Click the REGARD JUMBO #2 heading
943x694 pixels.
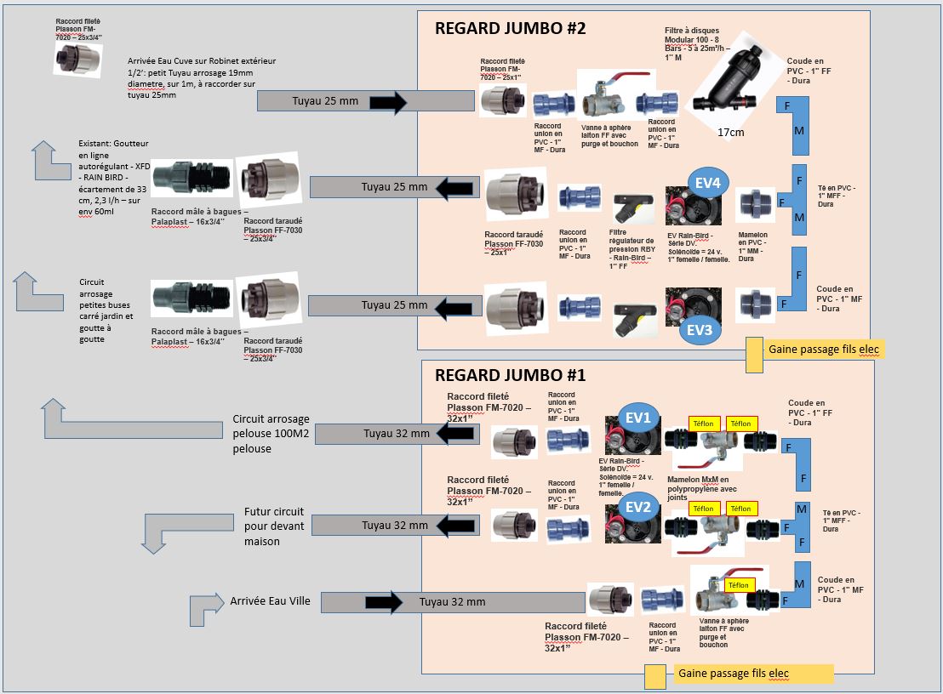(511, 27)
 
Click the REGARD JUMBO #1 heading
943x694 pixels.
(511, 374)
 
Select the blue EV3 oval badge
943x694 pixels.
(699, 329)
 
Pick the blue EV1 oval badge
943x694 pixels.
(638, 417)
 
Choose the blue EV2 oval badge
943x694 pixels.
(637, 507)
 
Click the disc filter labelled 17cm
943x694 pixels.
(729, 81)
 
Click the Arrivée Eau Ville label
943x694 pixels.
(270, 600)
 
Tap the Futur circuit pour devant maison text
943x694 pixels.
(261, 527)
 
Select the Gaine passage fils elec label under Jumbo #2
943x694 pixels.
(823, 349)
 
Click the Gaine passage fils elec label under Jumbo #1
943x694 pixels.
(733, 674)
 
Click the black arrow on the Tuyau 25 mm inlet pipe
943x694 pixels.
(389, 102)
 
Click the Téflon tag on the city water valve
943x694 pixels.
(738, 584)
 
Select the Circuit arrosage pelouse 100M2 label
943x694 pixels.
(271, 434)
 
